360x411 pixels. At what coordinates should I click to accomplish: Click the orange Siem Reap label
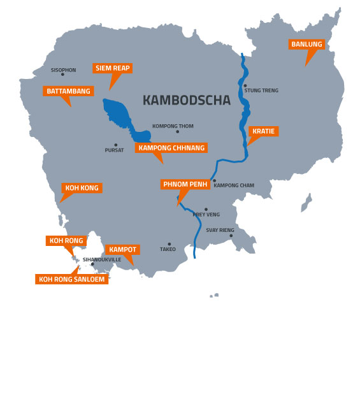(x=112, y=68)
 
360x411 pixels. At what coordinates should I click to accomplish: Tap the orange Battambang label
(x=68, y=91)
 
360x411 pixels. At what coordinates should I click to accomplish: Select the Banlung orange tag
(x=306, y=45)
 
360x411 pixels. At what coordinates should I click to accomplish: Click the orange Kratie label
(x=263, y=131)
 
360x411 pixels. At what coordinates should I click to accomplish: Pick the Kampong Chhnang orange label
(x=171, y=148)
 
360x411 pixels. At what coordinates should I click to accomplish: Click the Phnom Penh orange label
(x=185, y=184)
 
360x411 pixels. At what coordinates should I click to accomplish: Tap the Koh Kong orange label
(x=82, y=188)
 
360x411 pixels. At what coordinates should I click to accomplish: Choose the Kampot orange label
(x=122, y=249)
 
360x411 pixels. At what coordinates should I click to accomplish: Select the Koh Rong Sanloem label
(x=71, y=279)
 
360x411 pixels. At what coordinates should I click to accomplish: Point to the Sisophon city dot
(x=62, y=75)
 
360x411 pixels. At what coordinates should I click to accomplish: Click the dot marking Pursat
(x=115, y=145)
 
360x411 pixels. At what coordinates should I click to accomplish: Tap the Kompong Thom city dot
(x=177, y=132)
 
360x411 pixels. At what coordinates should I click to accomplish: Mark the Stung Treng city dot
(x=245, y=85)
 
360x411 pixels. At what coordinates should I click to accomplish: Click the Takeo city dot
(x=169, y=243)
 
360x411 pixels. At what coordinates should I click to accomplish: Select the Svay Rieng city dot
(x=231, y=236)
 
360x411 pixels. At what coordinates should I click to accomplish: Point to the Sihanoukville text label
(x=102, y=260)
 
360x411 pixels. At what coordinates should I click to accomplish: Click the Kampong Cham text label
(x=234, y=185)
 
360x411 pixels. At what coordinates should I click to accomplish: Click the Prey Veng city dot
(x=206, y=209)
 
